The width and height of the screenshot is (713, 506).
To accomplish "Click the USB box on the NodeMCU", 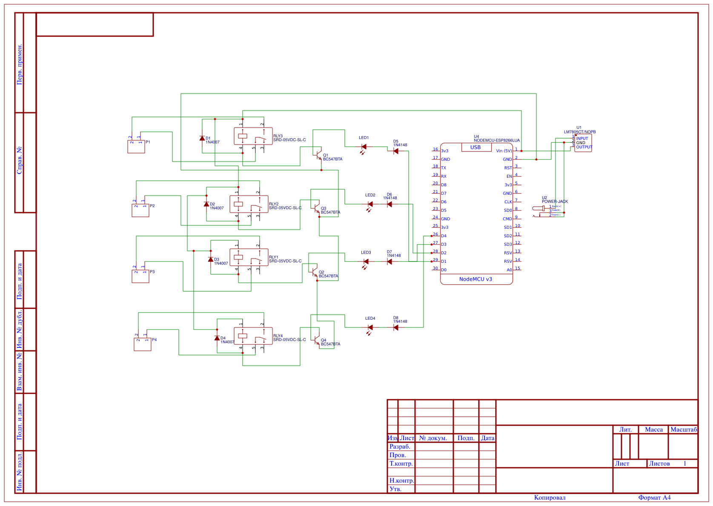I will point(475,148).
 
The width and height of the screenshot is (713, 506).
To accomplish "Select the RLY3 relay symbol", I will point(253,136).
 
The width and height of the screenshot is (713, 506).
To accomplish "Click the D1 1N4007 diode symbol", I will point(202,138).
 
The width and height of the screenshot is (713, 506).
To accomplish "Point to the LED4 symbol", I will point(370,328).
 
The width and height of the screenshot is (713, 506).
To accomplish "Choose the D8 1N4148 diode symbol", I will point(396,327).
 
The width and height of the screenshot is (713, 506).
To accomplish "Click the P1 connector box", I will point(136,147).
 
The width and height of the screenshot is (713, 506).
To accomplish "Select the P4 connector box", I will point(143,344).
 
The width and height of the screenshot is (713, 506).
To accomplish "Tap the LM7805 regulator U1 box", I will point(583,143).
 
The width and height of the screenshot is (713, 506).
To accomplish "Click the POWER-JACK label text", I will point(555,202).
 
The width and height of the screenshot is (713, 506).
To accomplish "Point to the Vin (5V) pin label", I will point(504,151).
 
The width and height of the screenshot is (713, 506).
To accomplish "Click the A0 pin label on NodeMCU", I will point(509,270).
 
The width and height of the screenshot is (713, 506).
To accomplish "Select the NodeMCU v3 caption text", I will point(475,279).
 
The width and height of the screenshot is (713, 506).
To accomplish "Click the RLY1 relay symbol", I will point(249,257).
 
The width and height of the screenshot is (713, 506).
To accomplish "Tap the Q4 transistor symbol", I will point(316,340).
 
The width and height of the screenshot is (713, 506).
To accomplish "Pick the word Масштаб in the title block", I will point(684,429).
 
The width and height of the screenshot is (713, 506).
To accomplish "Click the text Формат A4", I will point(654,497).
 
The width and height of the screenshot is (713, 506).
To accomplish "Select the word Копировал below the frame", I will point(550,497).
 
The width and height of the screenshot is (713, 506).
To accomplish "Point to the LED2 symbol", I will point(370,205).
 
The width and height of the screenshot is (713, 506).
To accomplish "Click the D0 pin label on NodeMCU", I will point(444,270).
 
